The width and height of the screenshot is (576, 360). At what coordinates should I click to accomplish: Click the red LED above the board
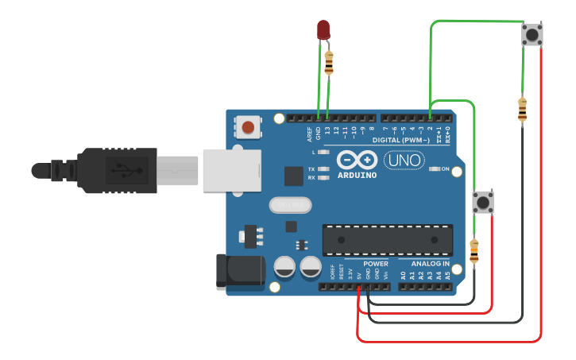[x=323, y=30]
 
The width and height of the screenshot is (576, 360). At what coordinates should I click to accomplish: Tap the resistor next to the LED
[x=329, y=61]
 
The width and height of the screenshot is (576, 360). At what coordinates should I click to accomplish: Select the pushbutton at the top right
[x=532, y=35]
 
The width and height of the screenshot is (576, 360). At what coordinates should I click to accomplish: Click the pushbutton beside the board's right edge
[x=482, y=202]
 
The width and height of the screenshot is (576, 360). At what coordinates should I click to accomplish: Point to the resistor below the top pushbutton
[x=522, y=110]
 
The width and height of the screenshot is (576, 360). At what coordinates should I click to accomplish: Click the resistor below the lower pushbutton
[x=474, y=252]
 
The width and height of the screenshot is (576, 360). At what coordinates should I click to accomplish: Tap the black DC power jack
[x=240, y=270]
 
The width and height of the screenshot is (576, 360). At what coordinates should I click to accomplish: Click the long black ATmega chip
[x=387, y=239]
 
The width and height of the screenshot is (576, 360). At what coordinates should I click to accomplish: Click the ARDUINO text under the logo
[x=357, y=175]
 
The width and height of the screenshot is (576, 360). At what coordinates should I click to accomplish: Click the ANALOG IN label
[x=430, y=264]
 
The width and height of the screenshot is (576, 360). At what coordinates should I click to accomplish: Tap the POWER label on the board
[x=376, y=264]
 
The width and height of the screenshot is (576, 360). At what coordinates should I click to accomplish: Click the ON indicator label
[x=445, y=169]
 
